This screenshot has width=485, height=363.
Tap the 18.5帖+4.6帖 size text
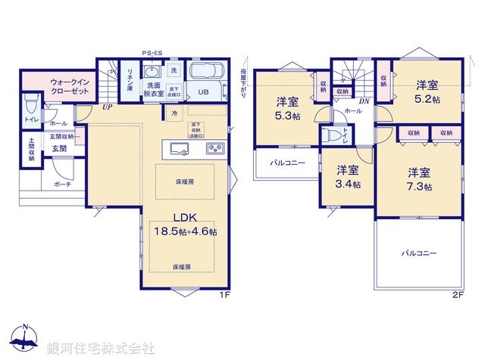[x=186, y=232]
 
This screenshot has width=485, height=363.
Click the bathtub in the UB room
[x=207, y=74]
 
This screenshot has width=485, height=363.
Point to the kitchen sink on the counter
[x=179, y=147]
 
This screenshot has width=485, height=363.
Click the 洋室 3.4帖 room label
[x=348, y=177]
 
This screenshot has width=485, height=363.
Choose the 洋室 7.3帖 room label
[x=419, y=178]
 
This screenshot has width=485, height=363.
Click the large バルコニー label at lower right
[x=419, y=253]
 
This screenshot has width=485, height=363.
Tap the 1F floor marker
[x=224, y=293]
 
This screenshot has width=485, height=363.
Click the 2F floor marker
[x=458, y=293]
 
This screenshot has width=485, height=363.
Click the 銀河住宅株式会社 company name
[x=101, y=349]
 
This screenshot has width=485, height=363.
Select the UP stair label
[x=107, y=107]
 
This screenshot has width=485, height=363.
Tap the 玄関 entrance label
[x=59, y=148]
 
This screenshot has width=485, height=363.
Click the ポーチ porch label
[x=62, y=184]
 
